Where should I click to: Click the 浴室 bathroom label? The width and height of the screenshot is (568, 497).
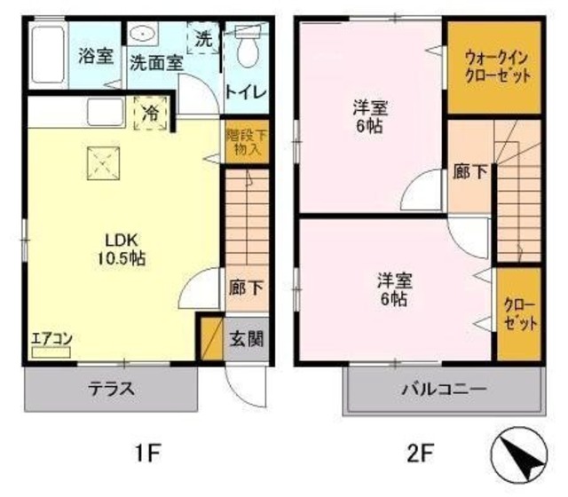tap(95, 56)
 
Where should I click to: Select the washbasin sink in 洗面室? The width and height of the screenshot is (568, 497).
tap(142, 35)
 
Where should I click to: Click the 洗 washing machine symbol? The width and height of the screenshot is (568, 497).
tap(204, 39)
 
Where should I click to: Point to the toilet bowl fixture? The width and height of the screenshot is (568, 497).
tap(246, 49)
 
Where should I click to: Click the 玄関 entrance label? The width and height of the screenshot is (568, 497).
tap(245, 337)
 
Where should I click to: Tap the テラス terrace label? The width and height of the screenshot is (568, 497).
tap(110, 388)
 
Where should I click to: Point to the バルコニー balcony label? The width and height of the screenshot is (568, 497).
tap(443, 389)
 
